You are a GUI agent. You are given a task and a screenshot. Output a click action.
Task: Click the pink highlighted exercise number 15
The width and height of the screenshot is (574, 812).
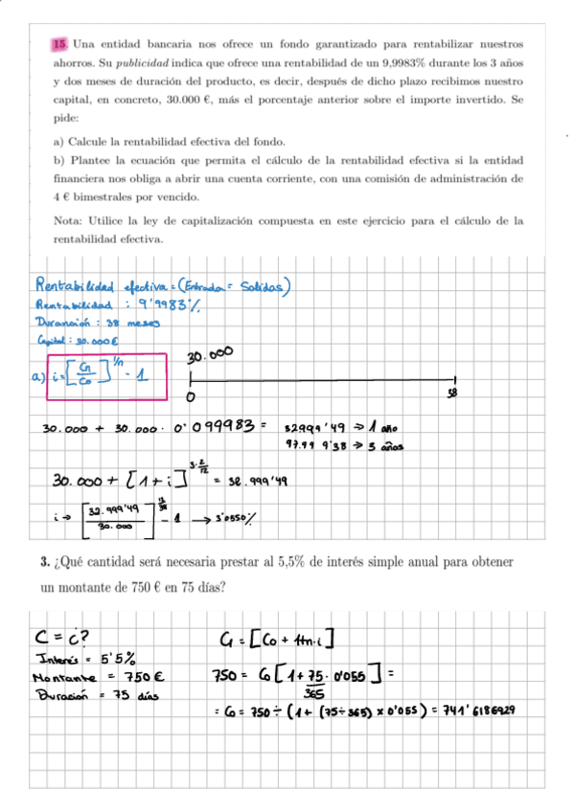59,44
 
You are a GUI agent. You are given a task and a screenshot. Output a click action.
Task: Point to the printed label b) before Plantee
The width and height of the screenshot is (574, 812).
59,160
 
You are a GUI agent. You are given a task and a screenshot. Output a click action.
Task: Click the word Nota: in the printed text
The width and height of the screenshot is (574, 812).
71,221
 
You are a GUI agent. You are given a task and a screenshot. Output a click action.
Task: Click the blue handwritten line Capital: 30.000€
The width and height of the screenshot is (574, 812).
77,340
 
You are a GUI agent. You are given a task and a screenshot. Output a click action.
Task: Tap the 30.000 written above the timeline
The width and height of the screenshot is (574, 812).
210,355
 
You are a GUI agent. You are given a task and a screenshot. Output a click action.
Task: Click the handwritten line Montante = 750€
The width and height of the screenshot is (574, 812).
96,677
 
